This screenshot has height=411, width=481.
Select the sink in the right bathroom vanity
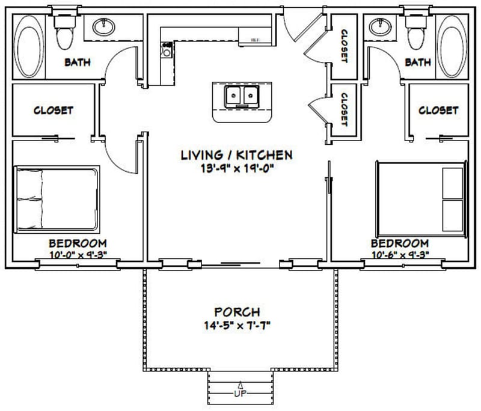[x=379, y=26]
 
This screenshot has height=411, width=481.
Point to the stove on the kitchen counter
[x=167, y=49]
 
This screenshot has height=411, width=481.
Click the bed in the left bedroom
[x=56, y=199]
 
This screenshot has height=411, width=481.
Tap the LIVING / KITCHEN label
[x=236, y=155]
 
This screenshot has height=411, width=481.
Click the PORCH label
[x=237, y=312]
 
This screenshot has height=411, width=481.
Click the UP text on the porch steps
[x=240, y=394]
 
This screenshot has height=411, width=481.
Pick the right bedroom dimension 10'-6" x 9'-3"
[x=400, y=255]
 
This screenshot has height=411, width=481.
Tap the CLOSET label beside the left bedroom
[x=53, y=110]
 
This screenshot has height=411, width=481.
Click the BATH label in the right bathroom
[x=417, y=62]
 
